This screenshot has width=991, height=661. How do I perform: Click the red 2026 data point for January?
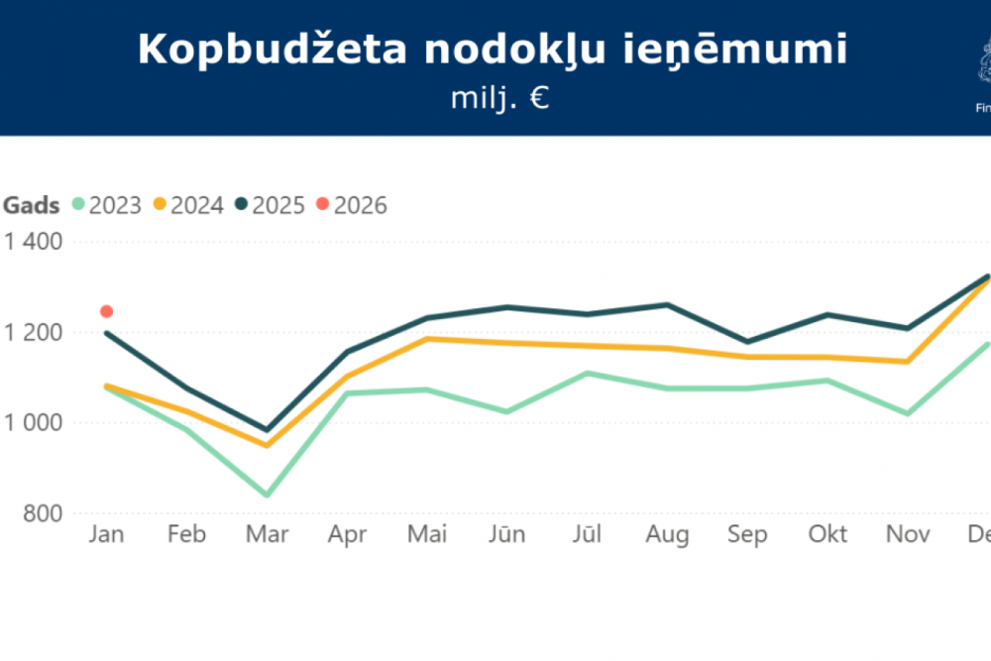point(107,311)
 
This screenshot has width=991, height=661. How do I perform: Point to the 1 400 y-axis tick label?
point(35,241)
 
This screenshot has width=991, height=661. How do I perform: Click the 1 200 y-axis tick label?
point(35,332)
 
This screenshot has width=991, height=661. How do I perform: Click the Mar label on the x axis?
point(267,535)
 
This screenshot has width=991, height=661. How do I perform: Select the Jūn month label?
point(506,535)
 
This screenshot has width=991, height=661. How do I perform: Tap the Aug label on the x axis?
point(667,535)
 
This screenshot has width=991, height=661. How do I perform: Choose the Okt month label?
point(827,535)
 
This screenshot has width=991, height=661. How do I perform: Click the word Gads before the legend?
point(32,205)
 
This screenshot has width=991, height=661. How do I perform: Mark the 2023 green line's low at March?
point(267,495)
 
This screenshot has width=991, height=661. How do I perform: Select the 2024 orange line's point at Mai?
point(427,339)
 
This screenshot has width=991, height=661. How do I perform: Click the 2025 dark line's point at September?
point(747,342)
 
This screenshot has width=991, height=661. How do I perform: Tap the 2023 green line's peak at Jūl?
point(587,373)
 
